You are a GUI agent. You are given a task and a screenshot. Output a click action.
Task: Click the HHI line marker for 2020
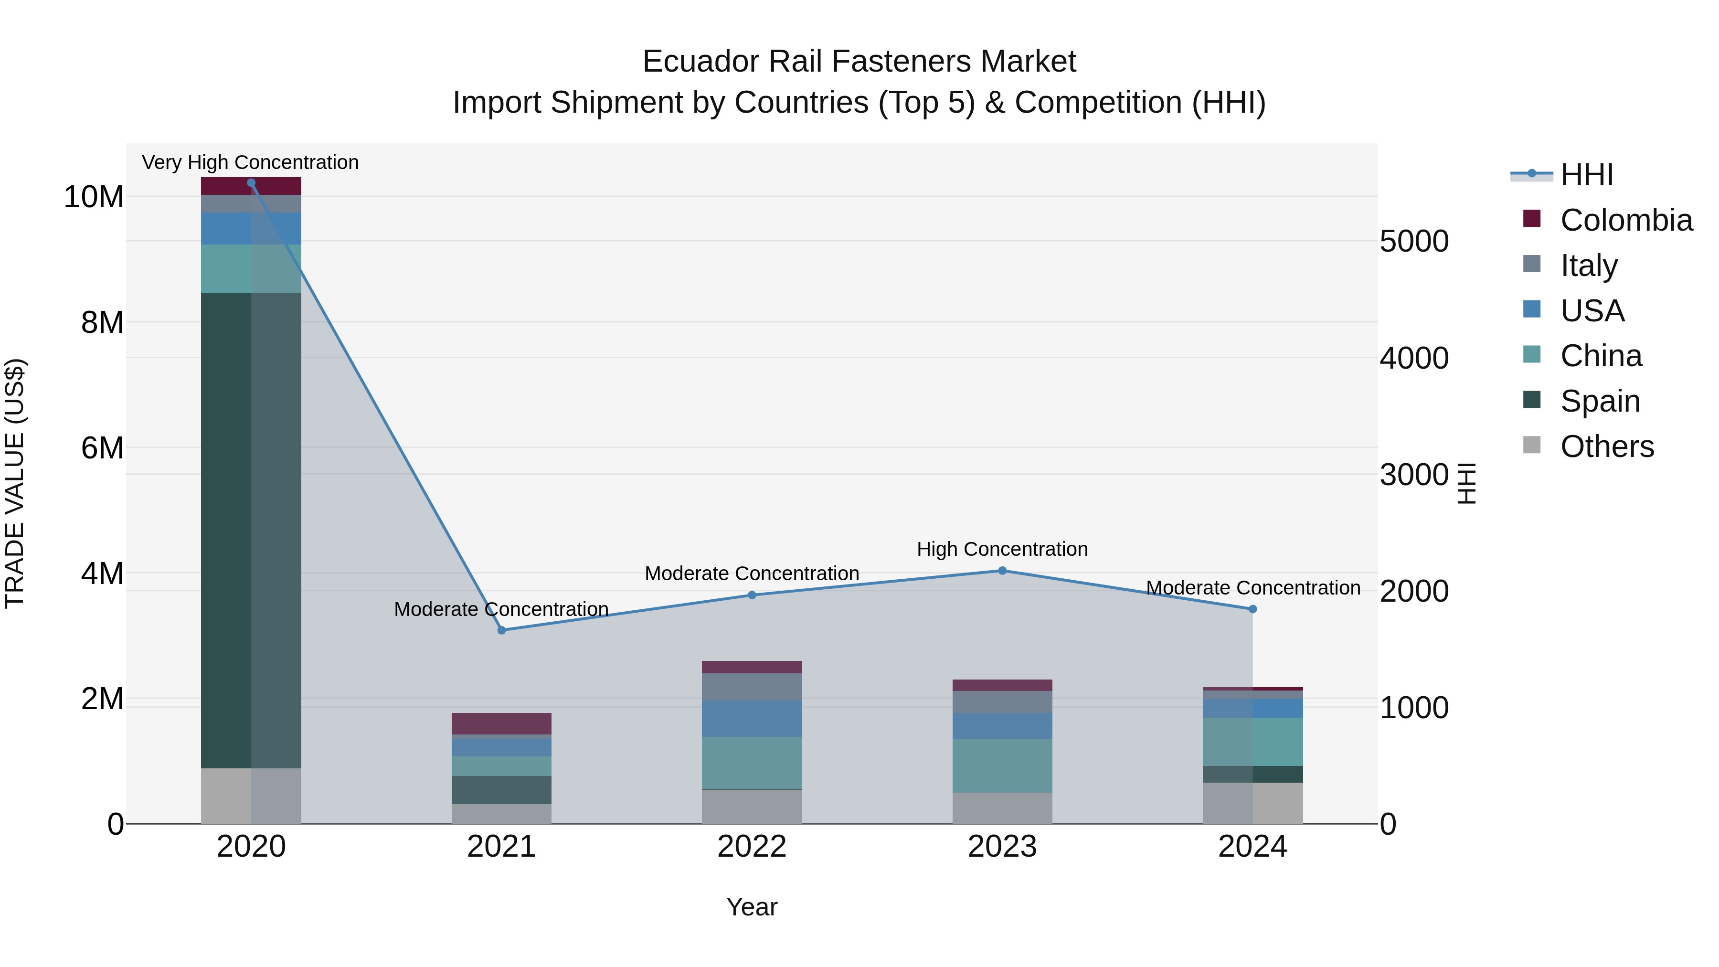pos(251,183)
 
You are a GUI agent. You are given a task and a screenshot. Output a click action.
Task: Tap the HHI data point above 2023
pos(1002,571)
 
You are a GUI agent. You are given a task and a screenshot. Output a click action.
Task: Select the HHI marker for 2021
pos(502,630)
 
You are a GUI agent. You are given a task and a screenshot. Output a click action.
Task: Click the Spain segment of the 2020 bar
pos(251,531)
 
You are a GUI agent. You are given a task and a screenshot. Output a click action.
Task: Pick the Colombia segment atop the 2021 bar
pos(502,723)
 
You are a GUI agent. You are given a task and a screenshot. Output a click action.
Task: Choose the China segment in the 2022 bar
pos(752,763)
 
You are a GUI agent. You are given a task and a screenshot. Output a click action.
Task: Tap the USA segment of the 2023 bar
pos(1002,725)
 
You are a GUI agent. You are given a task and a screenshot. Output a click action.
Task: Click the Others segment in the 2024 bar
pos(1252,803)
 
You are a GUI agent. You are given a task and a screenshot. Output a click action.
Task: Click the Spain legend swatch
pos(1532,400)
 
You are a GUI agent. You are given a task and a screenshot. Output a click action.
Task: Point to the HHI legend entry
pos(1587,175)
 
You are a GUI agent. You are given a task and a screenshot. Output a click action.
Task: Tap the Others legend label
pos(1607,446)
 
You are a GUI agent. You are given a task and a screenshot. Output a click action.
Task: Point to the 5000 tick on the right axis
pos(1414,242)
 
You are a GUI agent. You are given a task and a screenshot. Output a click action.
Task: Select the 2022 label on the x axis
pos(752,847)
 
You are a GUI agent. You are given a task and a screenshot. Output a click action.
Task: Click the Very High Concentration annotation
pos(250,162)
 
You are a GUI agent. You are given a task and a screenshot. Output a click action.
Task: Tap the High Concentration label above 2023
pos(1002,549)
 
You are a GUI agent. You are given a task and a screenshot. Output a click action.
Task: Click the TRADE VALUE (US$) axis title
pos(15,483)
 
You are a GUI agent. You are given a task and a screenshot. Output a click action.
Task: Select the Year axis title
pos(752,907)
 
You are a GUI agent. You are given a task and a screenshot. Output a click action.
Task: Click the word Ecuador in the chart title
pos(700,62)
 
